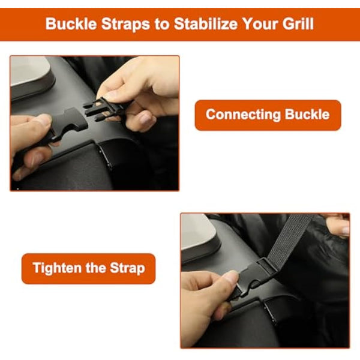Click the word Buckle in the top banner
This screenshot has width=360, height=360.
coord(71,23)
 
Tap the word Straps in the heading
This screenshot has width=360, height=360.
coord(125,24)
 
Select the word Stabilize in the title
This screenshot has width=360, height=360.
coord(205,23)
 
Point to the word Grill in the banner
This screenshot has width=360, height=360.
coord(298,23)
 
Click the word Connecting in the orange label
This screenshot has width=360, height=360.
coord(243,115)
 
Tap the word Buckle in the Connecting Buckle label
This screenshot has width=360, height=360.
coord(307,114)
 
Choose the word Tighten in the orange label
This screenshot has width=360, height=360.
coord(58,268)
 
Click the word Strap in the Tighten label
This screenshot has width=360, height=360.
coord(127,268)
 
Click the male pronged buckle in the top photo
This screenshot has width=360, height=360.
coord(104,109)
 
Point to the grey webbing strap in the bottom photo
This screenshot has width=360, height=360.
coord(290,239)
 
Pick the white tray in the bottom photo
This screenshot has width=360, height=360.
coord(197,232)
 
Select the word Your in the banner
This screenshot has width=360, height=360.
coord(260,23)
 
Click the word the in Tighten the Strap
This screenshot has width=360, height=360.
coord(96,268)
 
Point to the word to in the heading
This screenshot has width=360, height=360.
coord(162,24)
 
